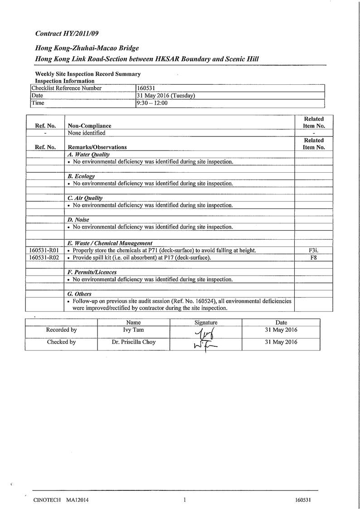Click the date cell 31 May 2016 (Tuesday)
[x=165, y=96]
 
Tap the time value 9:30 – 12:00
[x=152, y=103]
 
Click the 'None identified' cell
[x=86, y=133]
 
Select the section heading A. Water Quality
[x=88, y=155]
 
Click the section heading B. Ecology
[x=81, y=176]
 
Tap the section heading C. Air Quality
[x=85, y=198]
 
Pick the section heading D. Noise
[x=78, y=220]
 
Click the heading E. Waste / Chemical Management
[x=110, y=243]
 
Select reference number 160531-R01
[x=44, y=251]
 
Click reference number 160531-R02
[x=44, y=258]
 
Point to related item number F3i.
[x=314, y=251]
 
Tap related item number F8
[x=314, y=258]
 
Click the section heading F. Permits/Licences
[x=92, y=272]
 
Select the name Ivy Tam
[x=133, y=330]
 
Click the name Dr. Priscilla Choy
[x=133, y=342]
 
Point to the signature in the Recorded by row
[x=205, y=334]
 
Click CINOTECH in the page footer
[x=47, y=500]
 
